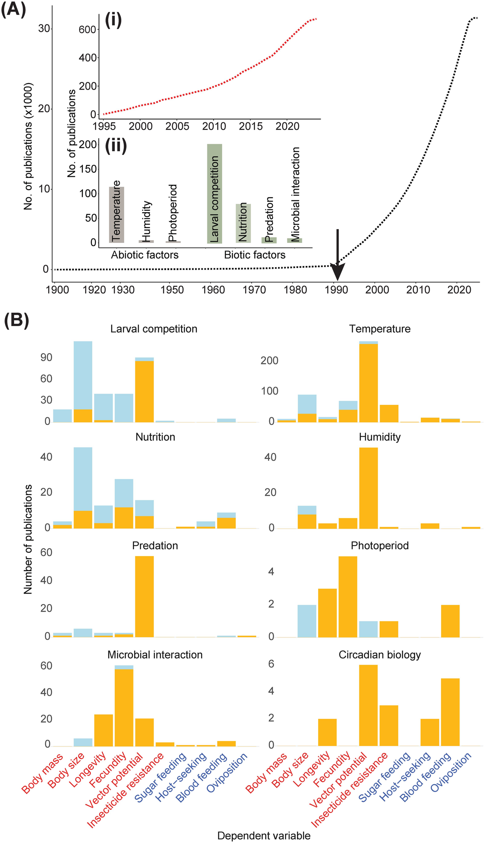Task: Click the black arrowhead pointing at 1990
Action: tap(337, 272)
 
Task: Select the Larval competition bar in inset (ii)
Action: tap(214, 194)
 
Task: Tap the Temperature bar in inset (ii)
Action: tap(116, 215)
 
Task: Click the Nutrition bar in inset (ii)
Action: tap(243, 223)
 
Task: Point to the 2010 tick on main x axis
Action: tap(418, 290)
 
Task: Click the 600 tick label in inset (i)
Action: tap(87, 29)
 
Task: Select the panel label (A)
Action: tap(13, 9)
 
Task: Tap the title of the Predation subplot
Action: tap(155, 546)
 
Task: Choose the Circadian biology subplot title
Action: tap(380, 655)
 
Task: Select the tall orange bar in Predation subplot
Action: tap(144, 596)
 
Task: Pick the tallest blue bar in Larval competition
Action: tap(83, 375)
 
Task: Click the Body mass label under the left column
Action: tap(43, 774)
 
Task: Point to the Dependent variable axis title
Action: tap(264, 836)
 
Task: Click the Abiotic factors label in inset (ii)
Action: tap(145, 255)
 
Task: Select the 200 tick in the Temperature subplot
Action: tap(269, 360)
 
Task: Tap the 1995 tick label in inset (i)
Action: tap(104, 126)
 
